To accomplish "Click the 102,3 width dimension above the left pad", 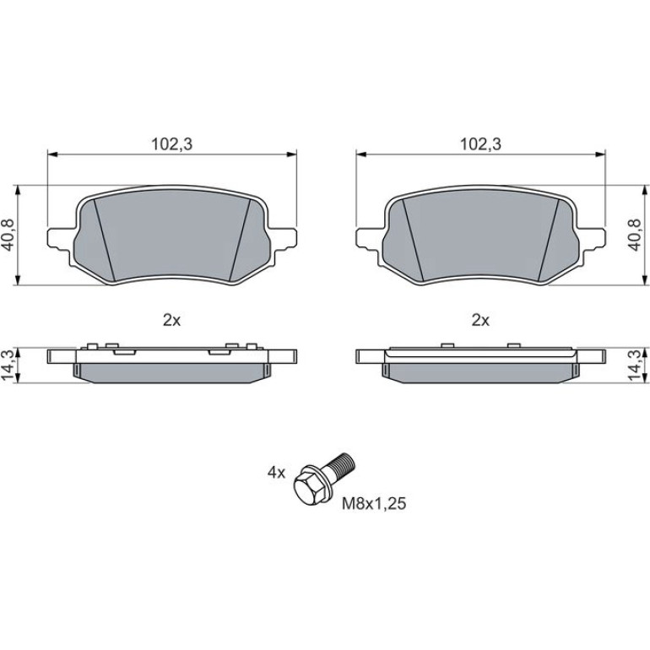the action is (171, 144).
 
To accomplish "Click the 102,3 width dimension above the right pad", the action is (480, 144).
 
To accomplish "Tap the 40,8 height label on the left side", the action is (8, 235).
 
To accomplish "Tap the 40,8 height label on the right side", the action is (634, 235).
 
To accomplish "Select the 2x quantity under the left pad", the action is (171, 320).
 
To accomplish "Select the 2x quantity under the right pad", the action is (480, 320).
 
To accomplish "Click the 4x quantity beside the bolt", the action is (277, 472).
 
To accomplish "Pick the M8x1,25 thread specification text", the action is (374, 504).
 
